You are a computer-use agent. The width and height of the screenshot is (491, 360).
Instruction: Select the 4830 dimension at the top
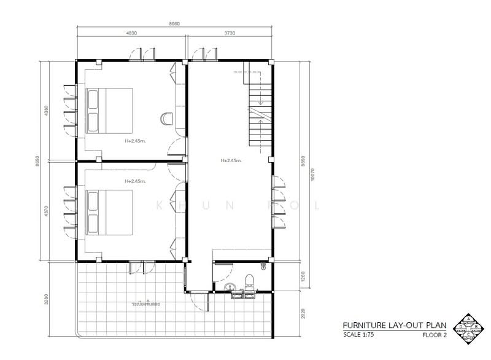click(131, 33)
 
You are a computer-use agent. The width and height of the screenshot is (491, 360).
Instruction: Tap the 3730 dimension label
click(230, 33)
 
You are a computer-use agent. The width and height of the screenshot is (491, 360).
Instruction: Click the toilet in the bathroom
click(249, 281)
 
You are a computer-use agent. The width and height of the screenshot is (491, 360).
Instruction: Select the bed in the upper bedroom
click(110, 110)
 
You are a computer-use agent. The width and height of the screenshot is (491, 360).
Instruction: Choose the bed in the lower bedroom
click(110, 212)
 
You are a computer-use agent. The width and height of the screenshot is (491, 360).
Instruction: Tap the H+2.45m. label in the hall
click(231, 161)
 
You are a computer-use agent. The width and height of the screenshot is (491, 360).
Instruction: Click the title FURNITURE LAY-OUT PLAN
click(395, 325)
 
